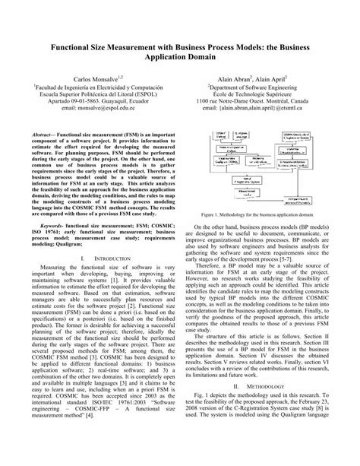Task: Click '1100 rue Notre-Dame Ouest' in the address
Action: point(234,103)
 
